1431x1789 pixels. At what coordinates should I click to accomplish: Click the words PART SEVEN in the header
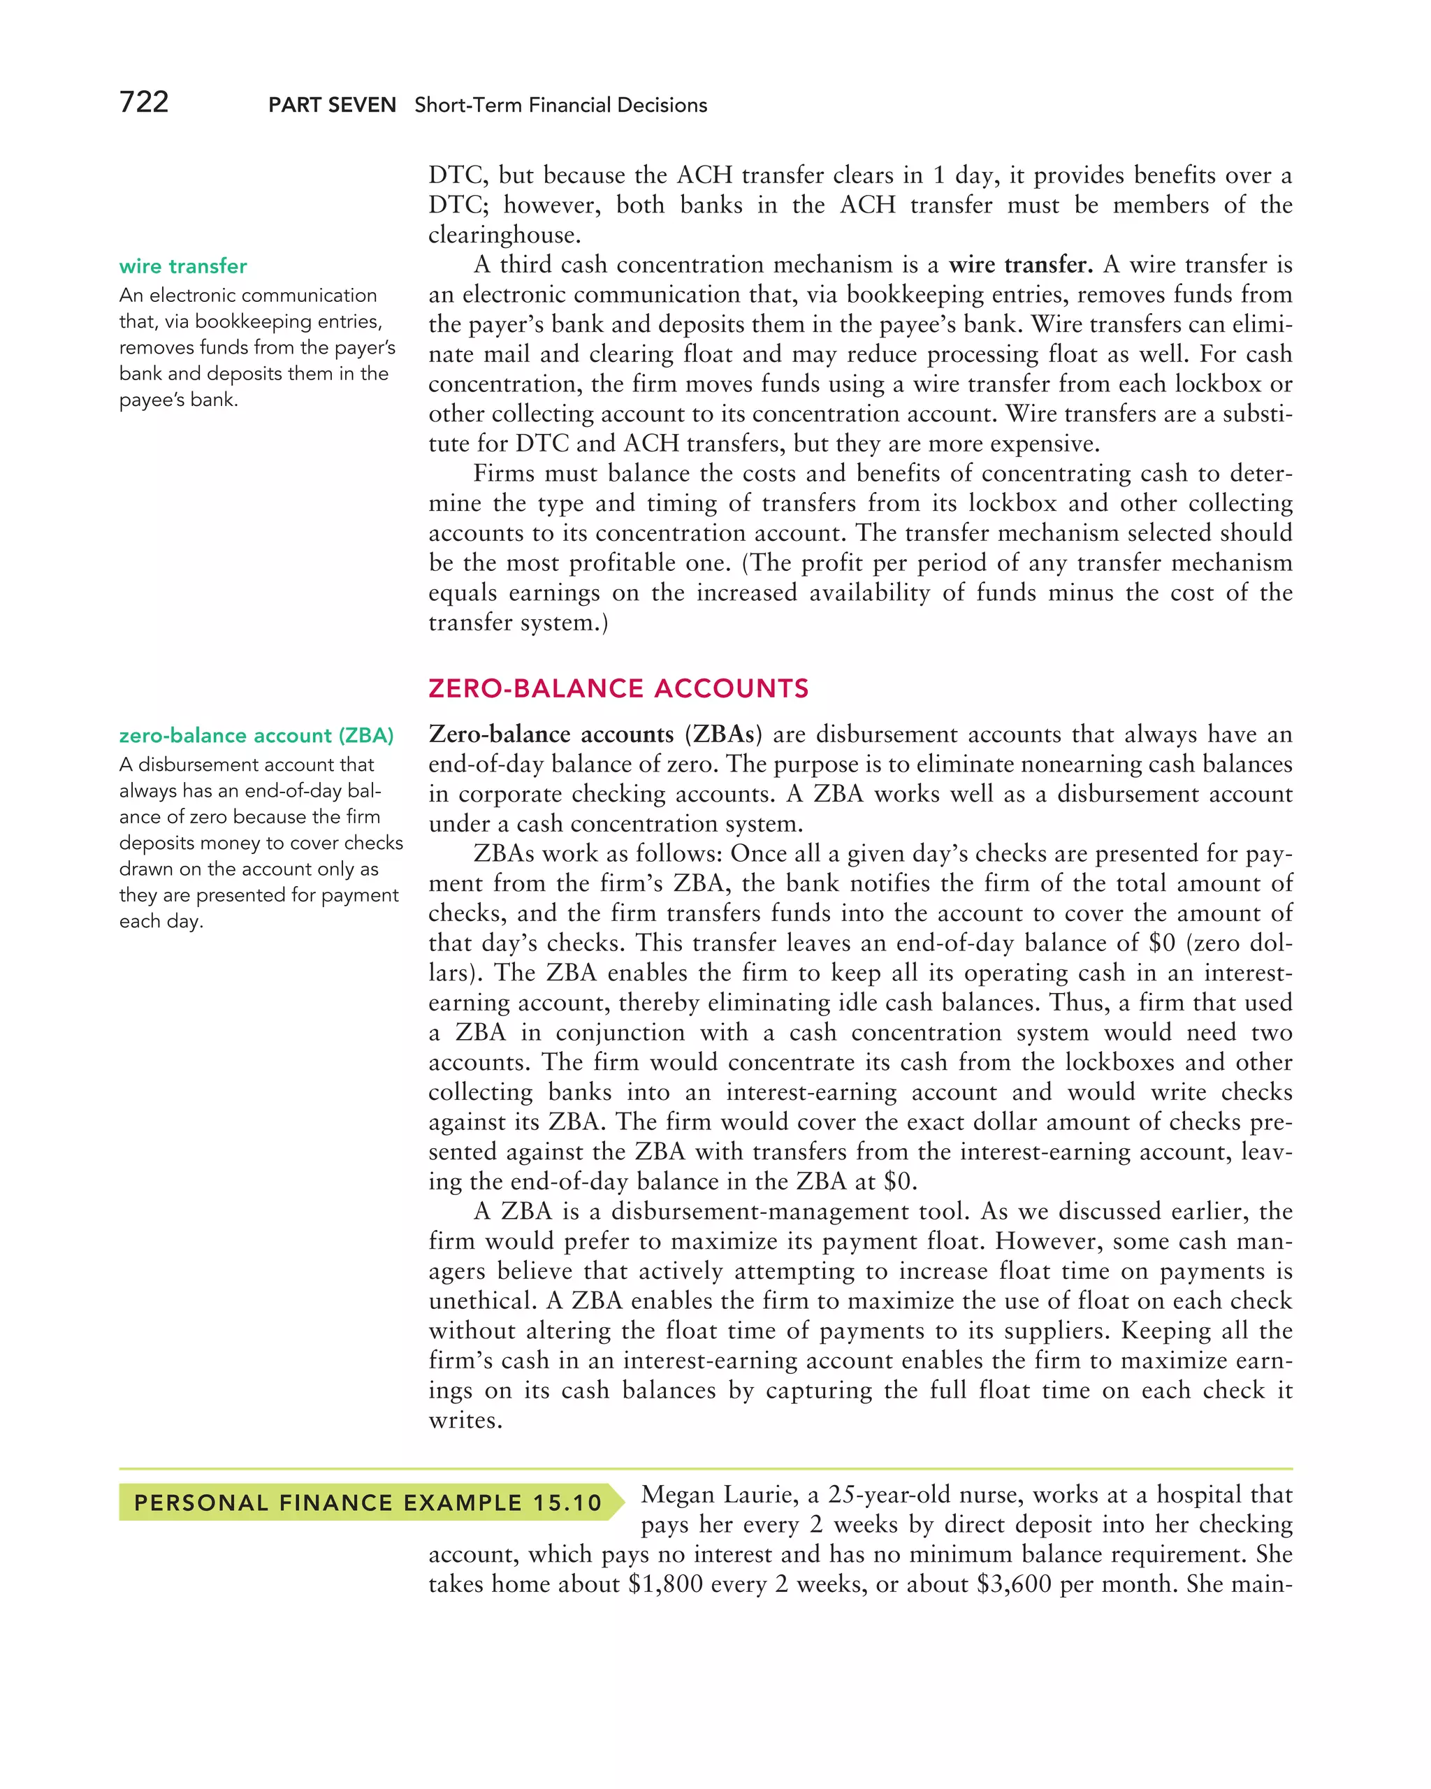[332, 106]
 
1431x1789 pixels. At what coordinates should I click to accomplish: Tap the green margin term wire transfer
[182, 266]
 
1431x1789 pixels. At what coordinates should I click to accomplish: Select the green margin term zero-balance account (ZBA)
[256, 735]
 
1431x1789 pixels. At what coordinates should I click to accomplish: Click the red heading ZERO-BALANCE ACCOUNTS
[618, 688]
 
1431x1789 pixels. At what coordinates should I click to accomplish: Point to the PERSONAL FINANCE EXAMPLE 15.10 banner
[368, 1502]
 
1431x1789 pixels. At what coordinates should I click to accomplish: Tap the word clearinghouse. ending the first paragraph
[504, 235]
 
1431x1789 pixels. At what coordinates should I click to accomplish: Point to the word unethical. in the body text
[481, 1301]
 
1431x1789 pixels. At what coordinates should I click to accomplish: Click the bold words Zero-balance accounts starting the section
[551, 734]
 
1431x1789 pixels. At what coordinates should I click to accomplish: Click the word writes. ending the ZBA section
[465, 1421]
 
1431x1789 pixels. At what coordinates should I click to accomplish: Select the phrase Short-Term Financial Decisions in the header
[561, 106]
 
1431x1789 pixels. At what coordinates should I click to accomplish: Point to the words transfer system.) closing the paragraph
[518, 623]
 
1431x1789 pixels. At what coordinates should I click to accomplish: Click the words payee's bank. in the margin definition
[178, 400]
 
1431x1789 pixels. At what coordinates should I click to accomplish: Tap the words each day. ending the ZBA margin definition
[161, 921]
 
